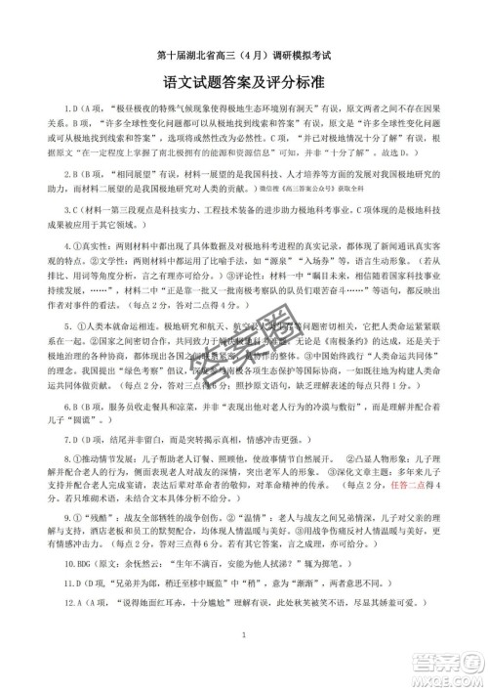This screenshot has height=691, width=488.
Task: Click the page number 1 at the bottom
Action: click(x=244, y=664)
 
